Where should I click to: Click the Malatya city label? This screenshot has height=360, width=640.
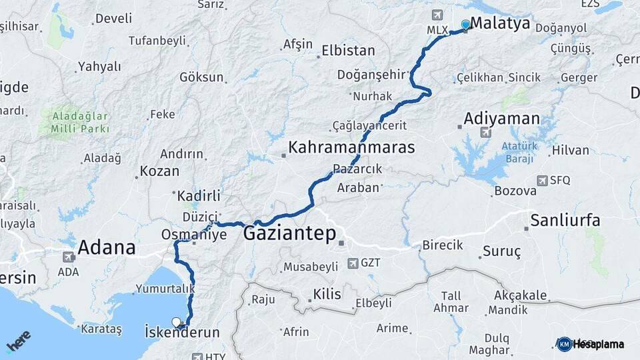pyautogui.click(x=500, y=24)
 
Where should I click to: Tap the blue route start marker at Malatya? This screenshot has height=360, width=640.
pyautogui.click(x=465, y=25)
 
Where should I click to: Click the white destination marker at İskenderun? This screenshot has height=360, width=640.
pyautogui.click(x=177, y=322)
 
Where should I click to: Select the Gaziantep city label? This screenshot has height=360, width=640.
pyautogui.click(x=289, y=233)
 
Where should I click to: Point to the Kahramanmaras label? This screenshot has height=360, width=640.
pyautogui.click(x=351, y=147)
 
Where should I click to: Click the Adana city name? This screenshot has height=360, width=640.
pyautogui.click(x=107, y=248)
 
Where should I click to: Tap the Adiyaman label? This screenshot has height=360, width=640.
pyautogui.click(x=501, y=119)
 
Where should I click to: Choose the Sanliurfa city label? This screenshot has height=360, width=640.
pyautogui.click(x=565, y=220)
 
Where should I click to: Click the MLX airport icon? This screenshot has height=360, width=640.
pyautogui.click(x=437, y=15)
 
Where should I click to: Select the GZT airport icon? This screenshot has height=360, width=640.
pyautogui.click(x=352, y=263)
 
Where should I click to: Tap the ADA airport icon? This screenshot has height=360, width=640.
pyautogui.click(x=68, y=257)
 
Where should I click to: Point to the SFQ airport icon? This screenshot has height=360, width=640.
pyautogui.click(x=541, y=180)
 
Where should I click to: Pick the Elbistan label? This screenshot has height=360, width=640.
pyautogui.click(x=348, y=51)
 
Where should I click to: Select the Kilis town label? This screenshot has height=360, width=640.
pyautogui.click(x=327, y=294)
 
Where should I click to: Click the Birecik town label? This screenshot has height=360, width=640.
pyautogui.click(x=443, y=245)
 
